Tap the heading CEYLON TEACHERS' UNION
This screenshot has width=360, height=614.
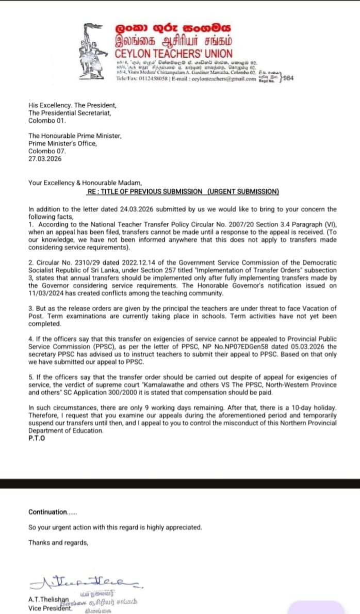tap(174, 54)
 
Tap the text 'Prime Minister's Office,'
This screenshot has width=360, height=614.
tap(62, 143)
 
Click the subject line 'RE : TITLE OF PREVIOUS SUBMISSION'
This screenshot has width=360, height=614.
tap(144, 191)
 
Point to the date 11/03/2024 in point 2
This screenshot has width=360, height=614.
tap(51, 293)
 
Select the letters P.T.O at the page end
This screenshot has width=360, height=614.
tap(37, 439)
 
